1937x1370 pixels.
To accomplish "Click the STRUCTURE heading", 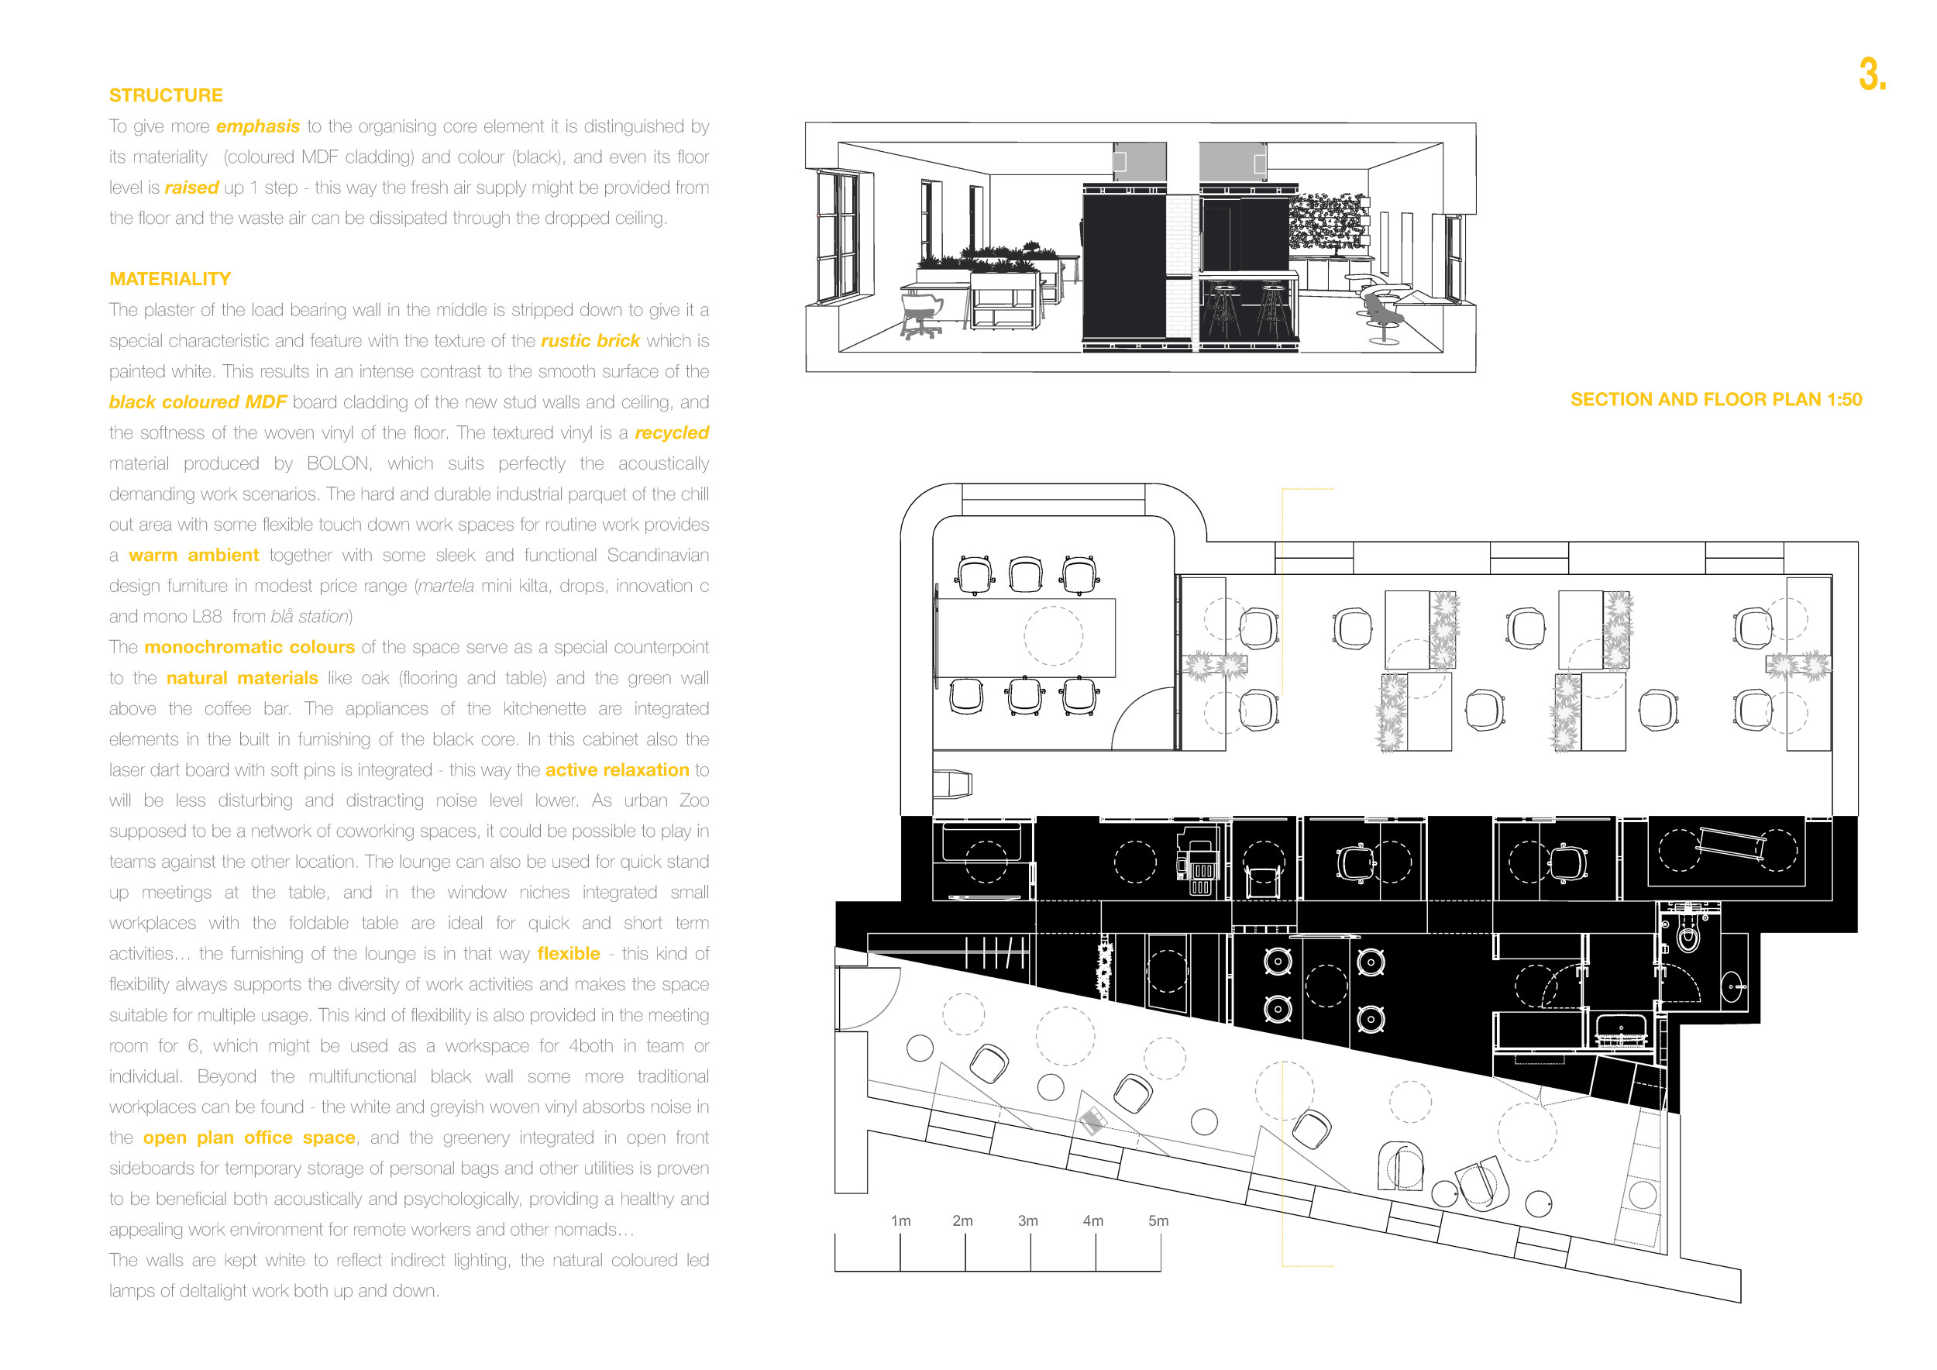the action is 167,95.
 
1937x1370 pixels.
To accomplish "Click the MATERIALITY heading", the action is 170,279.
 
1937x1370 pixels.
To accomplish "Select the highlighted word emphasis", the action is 258,126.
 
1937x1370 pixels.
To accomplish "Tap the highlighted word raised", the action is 191,188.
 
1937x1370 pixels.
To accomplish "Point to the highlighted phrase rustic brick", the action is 590,341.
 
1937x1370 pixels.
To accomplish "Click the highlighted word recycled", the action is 672,432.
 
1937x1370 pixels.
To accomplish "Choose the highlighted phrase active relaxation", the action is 618,770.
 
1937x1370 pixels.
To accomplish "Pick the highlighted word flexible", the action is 569,954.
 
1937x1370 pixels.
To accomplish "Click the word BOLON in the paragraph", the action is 339,464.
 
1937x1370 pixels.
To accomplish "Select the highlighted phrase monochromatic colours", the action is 249,647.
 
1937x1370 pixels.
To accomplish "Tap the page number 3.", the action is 1872,74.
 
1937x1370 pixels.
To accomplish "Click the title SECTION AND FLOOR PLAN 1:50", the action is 1716,400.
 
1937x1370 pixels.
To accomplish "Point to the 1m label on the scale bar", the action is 901,1220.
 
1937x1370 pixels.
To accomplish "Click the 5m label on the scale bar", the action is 1158,1220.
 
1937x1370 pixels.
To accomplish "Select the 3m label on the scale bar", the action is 1027,1220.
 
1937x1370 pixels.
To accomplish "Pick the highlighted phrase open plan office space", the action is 249,1138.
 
